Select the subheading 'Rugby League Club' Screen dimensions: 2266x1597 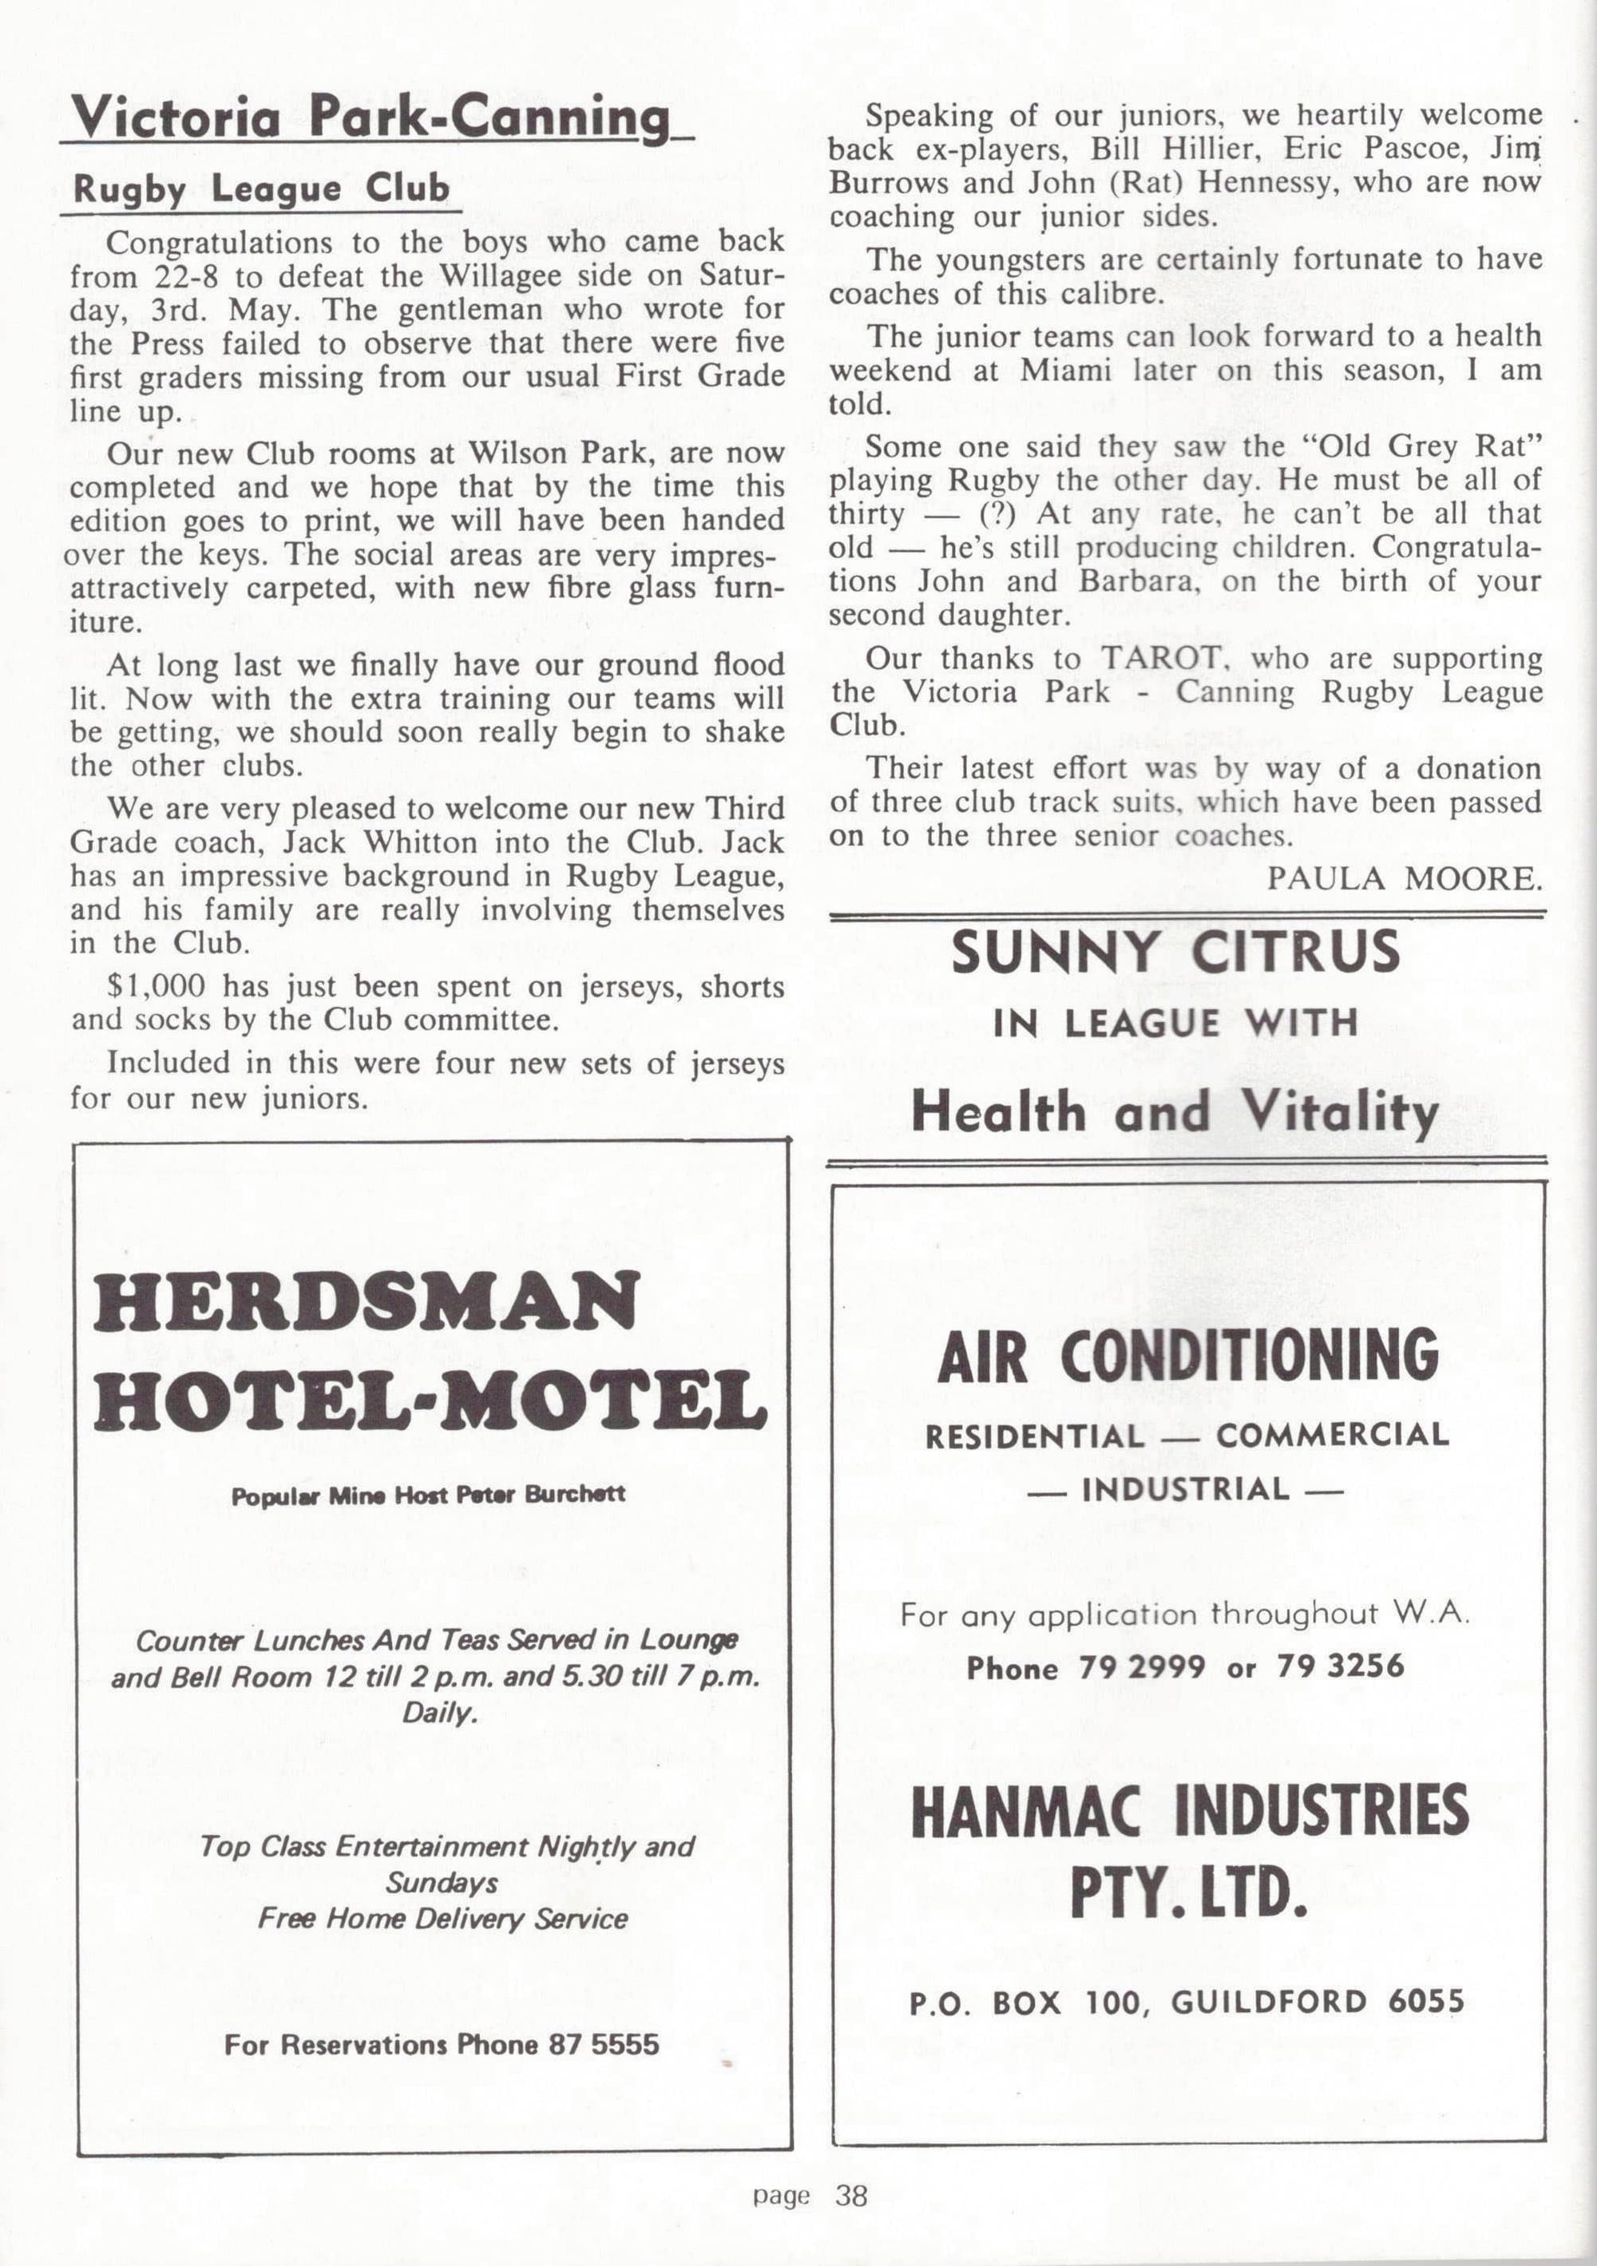click(x=262, y=188)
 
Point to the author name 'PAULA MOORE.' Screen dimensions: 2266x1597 click(x=1404, y=877)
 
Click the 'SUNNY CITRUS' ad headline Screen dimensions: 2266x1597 click(x=1175, y=953)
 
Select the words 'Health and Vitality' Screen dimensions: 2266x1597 click(x=1175, y=1111)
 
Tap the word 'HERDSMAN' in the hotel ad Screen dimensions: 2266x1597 click(x=367, y=1301)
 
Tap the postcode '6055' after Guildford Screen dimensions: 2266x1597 click(x=1425, y=2002)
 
